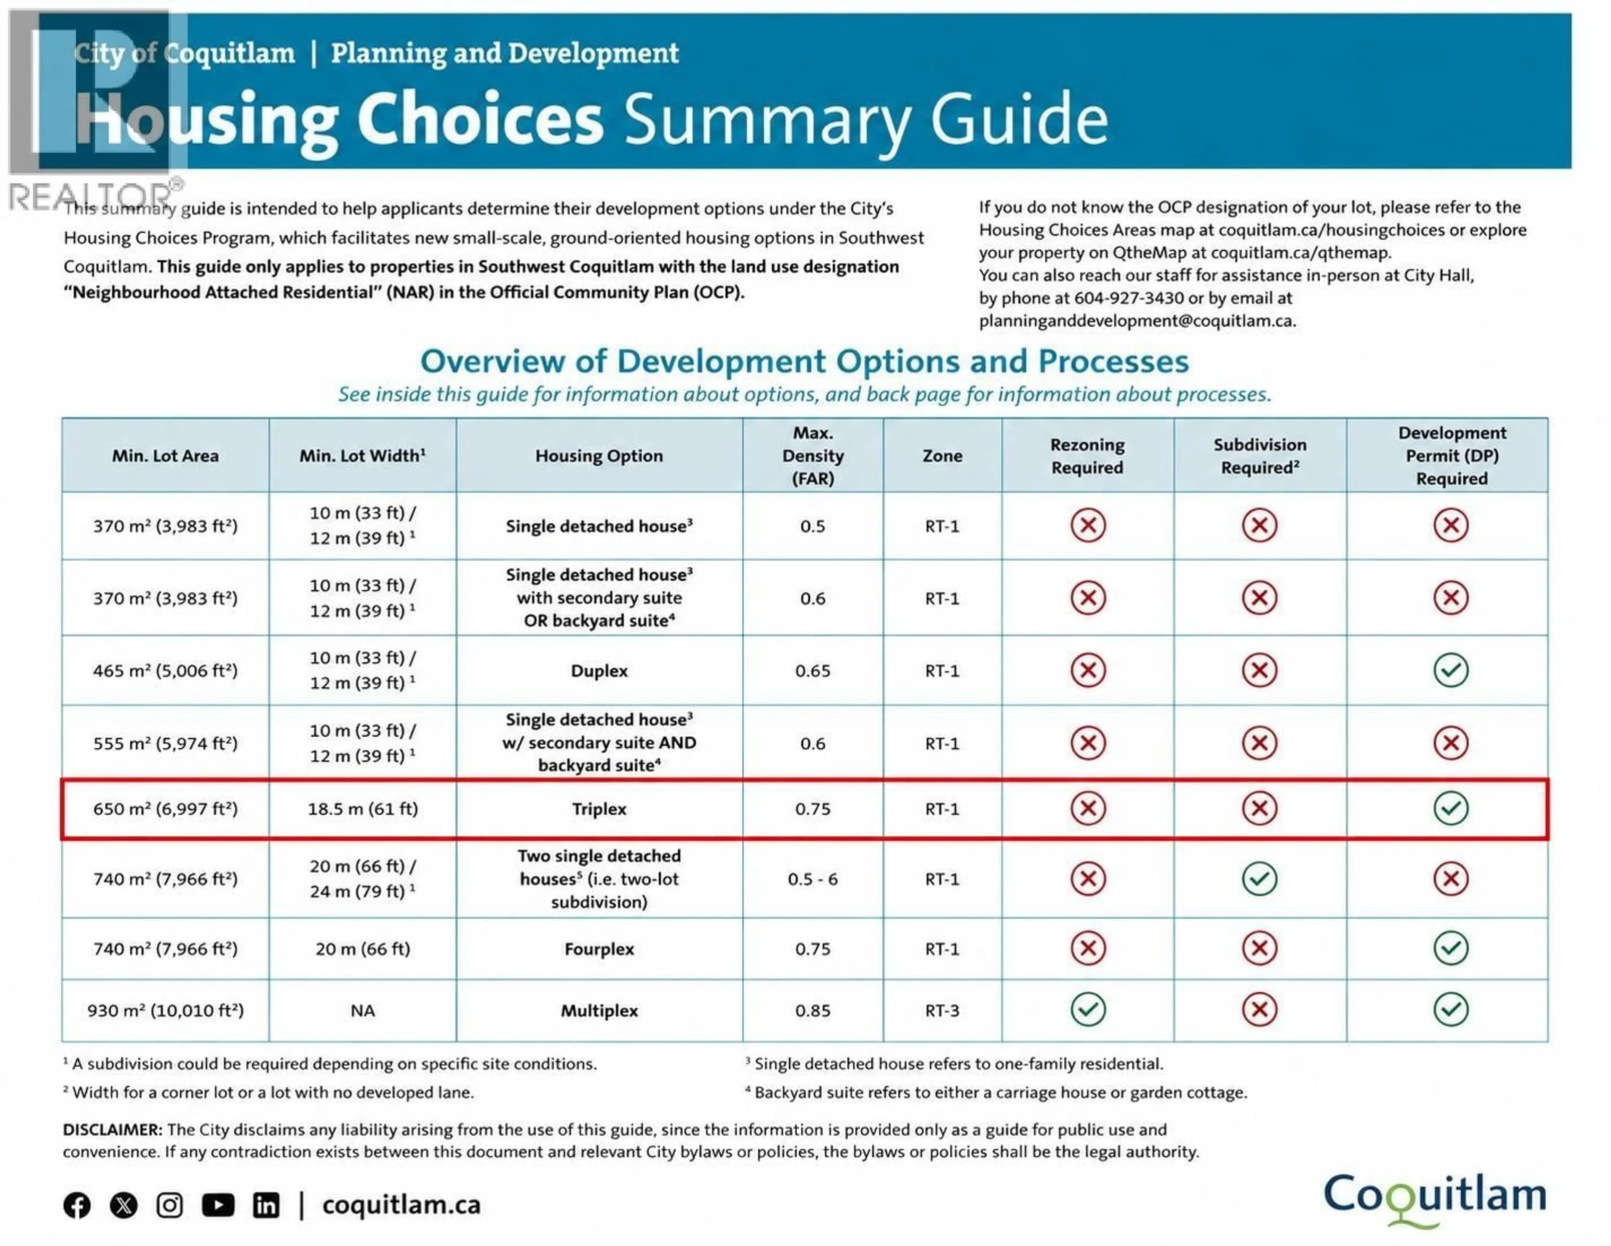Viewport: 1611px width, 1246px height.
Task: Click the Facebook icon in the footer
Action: tap(77, 1205)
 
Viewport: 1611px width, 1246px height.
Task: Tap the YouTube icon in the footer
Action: tap(218, 1205)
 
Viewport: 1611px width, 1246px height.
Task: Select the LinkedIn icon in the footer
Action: tap(266, 1205)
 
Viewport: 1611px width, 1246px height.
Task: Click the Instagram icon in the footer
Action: tap(169, 1205)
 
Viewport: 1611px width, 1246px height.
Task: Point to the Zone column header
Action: tap(942, 456)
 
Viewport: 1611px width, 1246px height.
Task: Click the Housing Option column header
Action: tap(599, 456)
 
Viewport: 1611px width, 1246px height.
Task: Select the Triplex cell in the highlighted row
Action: tap(599, 808)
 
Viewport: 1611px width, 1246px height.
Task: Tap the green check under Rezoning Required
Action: tap(1088, 1010)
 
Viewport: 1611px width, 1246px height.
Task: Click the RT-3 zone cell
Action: tap(942, 1011)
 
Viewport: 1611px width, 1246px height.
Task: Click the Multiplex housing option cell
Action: tap(599, 1011)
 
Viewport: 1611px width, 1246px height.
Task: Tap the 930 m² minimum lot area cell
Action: tap(165, 1011)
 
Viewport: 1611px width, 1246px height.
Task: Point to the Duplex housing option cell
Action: tap(599, 670)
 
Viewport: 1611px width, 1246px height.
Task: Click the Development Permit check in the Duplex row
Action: tap(1451, 670)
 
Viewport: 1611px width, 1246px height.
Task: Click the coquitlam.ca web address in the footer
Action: tap(401, 1205)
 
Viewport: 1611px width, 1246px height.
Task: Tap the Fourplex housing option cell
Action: tap(599, 949)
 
